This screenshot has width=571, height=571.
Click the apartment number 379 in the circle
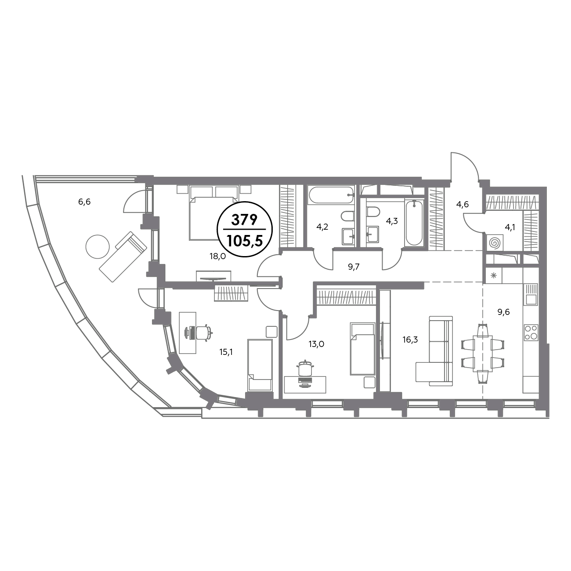[x=245, y=220]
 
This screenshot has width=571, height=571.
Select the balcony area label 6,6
[x=84, y=202]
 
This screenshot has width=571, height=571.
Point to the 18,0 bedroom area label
[x=218, y=257]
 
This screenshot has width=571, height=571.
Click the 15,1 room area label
[x=227, y=352]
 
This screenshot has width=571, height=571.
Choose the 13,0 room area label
[x=316, y=344]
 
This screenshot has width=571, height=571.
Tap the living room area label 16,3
[x=410, y=340]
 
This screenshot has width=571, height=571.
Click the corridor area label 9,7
[x=354, y=267]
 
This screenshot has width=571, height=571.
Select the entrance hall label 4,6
[x=463, y=204]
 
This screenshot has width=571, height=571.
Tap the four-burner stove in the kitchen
[x=531, y=332]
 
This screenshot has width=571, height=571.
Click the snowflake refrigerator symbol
[x=493, y=276]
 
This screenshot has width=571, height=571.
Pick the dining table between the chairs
[x=483, y=353]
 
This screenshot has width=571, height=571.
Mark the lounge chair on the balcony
[x=123, y=257]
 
